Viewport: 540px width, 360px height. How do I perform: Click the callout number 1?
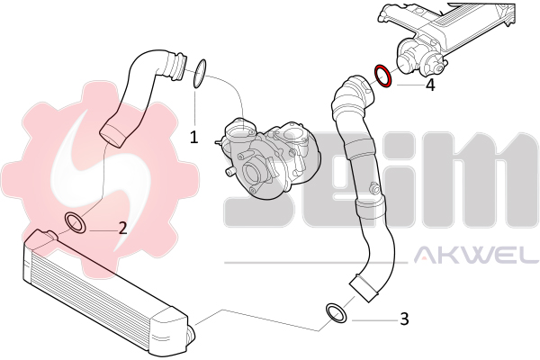[194, 138]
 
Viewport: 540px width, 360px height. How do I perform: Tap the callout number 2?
[123, 228]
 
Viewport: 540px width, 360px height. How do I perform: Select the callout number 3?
[404, 319]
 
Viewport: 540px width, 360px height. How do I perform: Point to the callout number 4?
[430, 85]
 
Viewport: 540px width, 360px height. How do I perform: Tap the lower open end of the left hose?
[112, 133]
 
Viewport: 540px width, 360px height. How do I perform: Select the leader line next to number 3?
[374, 320]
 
